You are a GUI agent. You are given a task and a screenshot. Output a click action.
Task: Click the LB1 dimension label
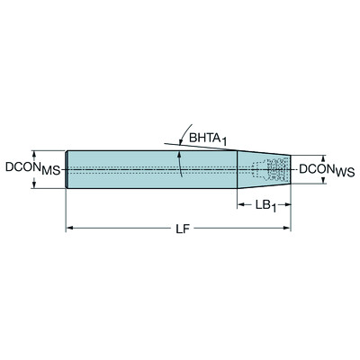pyautogui.click(x=263, y=205)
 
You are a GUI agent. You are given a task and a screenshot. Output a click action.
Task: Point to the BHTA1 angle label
pyautogui.click(x=206, y=136)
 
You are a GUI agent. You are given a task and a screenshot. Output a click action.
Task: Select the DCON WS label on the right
pyautogui.click(x=327, y=168)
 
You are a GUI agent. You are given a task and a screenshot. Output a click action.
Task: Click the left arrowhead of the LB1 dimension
pyautogui.click(x=241, y=205)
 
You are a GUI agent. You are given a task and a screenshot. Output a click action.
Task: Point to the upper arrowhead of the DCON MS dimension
pyautogui.click(x=35, y=153)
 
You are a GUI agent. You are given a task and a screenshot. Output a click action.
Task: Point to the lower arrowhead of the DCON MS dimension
pyautogui.click(x=35, y=184)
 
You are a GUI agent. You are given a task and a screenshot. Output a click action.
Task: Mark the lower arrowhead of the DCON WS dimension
pyautogui.click(x=322, y=180)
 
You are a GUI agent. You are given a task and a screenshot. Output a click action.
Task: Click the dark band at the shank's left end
pyautogui.click(x=70, y=168)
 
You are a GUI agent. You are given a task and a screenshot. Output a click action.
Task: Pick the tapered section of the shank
pyautogui.click(x=256, y=168)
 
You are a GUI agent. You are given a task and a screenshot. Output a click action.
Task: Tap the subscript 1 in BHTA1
pyautogui.click(x=227, y=139)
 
